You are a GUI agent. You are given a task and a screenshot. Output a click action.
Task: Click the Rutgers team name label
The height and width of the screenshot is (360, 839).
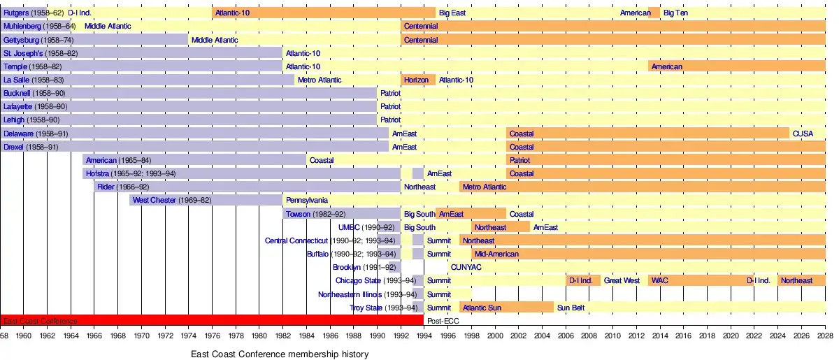16,13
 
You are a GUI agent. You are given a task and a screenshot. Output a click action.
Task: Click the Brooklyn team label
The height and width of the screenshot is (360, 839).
347,268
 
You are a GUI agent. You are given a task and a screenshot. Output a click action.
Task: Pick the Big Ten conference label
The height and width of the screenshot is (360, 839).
675,13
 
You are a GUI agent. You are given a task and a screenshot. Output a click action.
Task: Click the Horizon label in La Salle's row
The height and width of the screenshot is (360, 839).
416,80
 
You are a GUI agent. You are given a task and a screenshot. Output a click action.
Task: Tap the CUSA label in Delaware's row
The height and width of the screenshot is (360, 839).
803,134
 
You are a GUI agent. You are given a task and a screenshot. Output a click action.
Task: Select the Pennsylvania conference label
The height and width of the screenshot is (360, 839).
307,201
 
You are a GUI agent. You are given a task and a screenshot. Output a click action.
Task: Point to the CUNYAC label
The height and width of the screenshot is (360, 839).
466,268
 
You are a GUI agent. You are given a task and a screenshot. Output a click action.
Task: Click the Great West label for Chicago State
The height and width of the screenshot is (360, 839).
622,281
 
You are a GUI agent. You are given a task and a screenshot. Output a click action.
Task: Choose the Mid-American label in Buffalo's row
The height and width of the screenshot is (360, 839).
496,254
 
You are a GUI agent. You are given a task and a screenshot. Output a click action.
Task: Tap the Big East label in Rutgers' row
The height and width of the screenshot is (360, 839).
452,13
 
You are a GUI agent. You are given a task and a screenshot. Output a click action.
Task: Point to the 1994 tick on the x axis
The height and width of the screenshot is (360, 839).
424,336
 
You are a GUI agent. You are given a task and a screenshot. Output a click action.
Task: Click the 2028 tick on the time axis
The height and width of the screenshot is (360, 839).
825,336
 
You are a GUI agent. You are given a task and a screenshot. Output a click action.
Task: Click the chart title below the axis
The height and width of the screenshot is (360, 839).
280,354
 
